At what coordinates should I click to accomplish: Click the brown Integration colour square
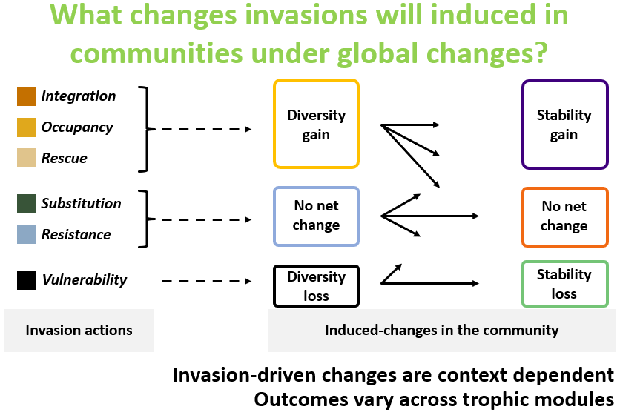27,96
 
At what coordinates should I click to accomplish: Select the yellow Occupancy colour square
27,127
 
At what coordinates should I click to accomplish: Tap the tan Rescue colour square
27,158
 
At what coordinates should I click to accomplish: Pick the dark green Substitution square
27,204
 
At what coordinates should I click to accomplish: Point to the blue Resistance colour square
27,234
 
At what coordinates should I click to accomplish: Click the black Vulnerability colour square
27,279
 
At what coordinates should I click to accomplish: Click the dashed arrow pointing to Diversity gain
201,129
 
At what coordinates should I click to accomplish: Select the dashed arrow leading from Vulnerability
206,282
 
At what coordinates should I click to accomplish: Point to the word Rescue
64,158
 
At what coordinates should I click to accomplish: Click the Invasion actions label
79,330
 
